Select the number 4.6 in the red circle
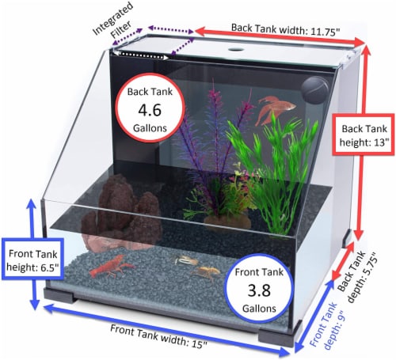tap(150, 110)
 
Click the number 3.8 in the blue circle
tap(259, 290)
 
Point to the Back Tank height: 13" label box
tap(364, 135)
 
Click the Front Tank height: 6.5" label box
tap(32, 260)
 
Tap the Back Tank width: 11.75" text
tap(286, 30)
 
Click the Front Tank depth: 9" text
tap(327, 325)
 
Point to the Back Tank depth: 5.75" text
tap(358, 277)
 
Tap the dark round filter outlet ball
tap(315, 90)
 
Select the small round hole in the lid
tap(237, 49)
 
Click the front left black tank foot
tap(59, 295)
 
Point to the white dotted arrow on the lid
tap(141, 55)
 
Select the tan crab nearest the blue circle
tap(207, 272)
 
